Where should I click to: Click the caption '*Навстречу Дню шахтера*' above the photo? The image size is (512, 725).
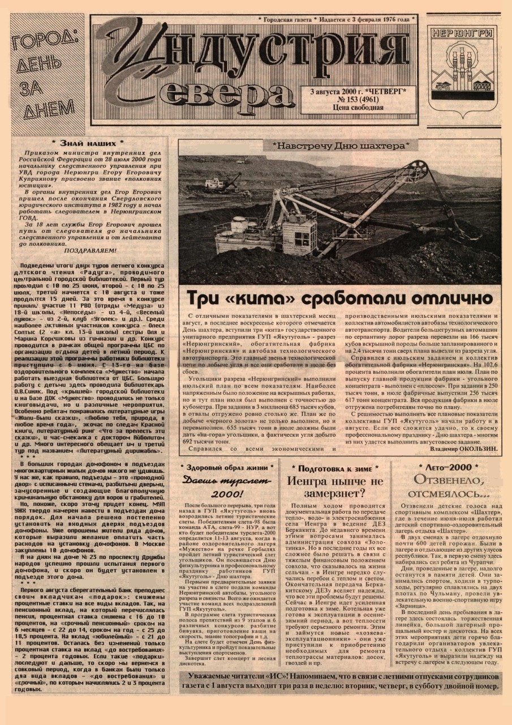[341, 146]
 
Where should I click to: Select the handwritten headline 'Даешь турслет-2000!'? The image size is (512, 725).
[227, 487]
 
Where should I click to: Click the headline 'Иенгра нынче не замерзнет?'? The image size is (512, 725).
[335, 489]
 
